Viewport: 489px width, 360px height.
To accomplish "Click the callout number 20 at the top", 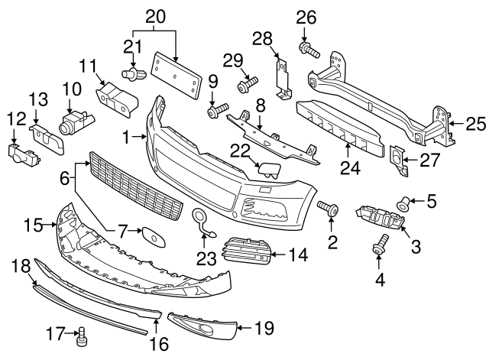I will point(155,15).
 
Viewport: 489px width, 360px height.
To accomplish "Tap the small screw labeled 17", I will point(82,334).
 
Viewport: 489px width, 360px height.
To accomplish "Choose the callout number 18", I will point(22,266).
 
